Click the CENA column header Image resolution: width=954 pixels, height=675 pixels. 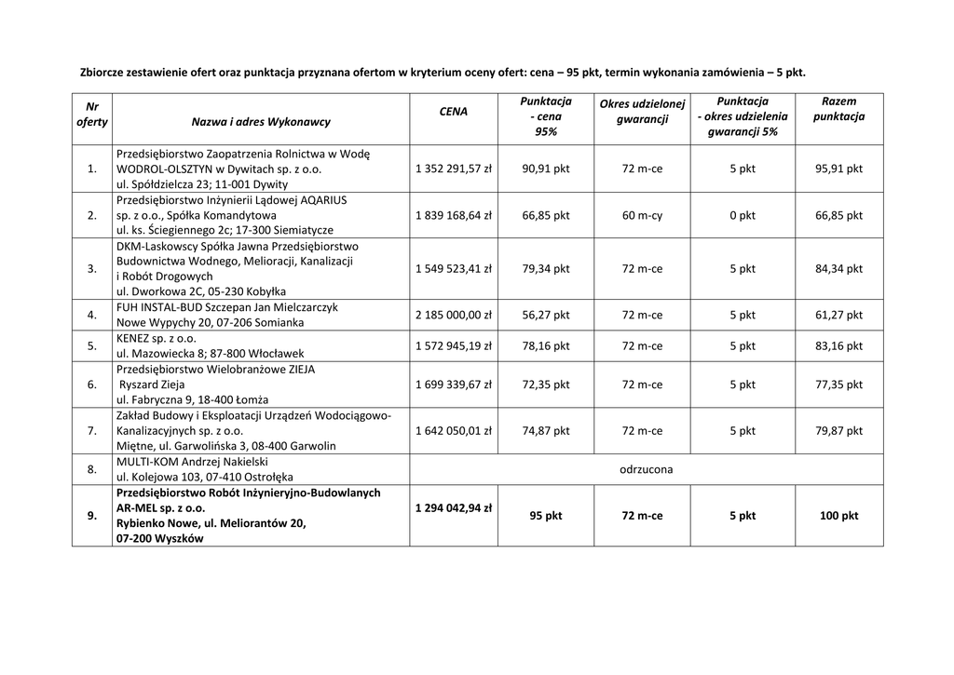[x=454, y=112]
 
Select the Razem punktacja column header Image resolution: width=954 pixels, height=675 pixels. [x=838, y=109]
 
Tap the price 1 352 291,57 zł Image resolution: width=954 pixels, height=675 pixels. [x=454, y=169]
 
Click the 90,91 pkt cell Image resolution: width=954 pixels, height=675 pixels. [x=546, y=169]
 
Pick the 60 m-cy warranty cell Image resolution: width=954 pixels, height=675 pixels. [x=642, y=215]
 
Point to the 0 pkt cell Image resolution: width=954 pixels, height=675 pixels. [x=743, y=215]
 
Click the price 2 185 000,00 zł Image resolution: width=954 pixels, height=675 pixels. [x=454, y=315]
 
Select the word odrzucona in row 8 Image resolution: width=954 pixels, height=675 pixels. [x=646, y=469]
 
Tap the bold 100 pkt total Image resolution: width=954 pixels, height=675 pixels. [x=838, y=515]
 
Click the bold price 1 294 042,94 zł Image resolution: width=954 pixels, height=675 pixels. [x=454, y=508]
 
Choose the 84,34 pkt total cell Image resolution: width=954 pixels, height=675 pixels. [x=838, y=269]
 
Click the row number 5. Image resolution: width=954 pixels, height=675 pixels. [x=91, y=345]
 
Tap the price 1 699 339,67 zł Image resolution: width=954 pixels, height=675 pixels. [x=454, y=385]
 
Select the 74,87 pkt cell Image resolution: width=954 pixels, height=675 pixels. [x=546, y=431]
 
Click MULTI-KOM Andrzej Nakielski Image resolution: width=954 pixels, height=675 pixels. [x=192, y=462]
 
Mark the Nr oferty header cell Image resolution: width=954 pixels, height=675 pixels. [x=91, y=115]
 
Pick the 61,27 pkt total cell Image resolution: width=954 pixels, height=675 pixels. [x=838, y=315]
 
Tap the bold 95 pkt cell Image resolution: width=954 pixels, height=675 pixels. [x=546, y=515]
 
